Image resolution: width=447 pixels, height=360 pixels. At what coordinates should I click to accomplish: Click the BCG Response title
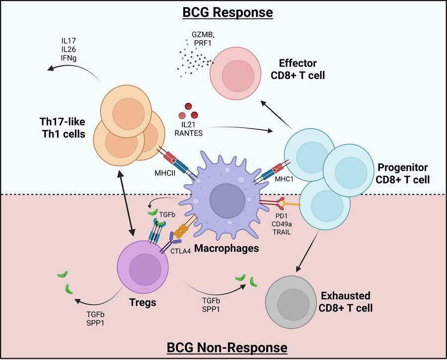227,12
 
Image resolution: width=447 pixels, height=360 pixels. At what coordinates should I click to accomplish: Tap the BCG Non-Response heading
227,348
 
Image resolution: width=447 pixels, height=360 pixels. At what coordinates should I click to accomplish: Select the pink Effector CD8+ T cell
235,73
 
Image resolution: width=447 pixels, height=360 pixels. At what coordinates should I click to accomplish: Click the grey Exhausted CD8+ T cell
291,302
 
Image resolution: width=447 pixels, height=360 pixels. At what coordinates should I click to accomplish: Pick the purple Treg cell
143,267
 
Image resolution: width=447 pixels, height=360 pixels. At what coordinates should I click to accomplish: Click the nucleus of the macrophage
227,200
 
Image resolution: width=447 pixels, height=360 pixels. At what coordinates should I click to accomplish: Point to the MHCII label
165,173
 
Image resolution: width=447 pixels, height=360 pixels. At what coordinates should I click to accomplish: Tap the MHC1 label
284,179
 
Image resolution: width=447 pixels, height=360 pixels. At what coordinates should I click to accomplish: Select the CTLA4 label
180,251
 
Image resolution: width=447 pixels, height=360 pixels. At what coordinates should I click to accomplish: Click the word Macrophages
226,248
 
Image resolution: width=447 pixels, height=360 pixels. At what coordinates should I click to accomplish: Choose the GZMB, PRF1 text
203,39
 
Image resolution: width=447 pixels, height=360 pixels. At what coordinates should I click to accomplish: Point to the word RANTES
188,133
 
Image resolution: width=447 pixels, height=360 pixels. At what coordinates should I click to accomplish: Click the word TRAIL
282,232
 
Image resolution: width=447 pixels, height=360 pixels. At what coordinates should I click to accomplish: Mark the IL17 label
69,41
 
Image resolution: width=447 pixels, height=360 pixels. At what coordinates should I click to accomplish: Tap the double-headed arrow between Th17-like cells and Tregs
126,203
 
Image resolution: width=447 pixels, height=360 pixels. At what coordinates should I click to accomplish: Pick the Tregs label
143,302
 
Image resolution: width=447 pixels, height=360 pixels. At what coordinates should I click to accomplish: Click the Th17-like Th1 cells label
63,128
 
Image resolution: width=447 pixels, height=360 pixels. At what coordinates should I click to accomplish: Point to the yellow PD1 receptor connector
291,204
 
